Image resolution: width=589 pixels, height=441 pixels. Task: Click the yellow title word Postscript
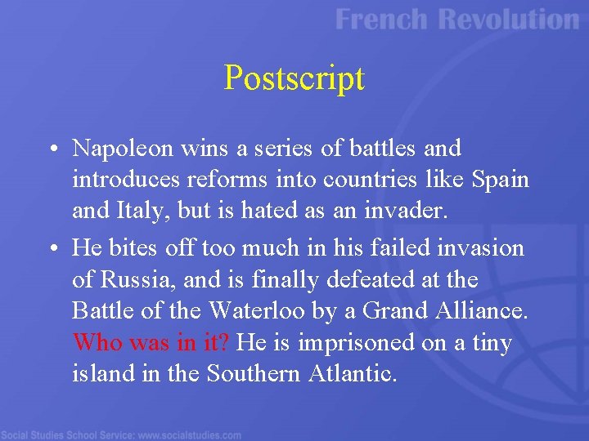pos(294,78)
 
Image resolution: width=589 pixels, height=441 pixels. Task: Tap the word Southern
pos(253,374)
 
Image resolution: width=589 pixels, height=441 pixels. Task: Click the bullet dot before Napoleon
pos(52,149)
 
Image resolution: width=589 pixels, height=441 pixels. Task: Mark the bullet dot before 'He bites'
pos(52,247)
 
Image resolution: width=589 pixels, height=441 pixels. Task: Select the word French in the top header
pos(382,20)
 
